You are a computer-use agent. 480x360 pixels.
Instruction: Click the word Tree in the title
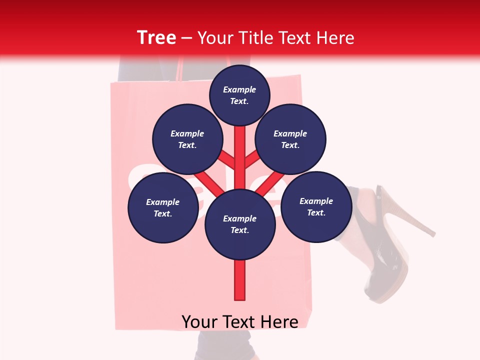click(x=156, y=38)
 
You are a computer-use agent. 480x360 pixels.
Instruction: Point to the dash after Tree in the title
click(x=186, y=38)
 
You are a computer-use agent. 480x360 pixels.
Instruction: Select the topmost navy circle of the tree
click(x=239, y=95)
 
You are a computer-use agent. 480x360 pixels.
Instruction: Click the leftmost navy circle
click(x=163, y=207)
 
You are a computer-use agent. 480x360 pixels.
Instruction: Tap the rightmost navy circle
click(x=316, y=206)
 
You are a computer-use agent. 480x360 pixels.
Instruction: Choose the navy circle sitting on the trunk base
click(x=240, y=224)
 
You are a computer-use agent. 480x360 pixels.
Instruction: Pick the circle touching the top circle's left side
click(x=187, y=139)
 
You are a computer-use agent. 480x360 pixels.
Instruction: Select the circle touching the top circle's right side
click(x=290, y=139)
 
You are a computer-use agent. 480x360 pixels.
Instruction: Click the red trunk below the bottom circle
click(x=240, y=280)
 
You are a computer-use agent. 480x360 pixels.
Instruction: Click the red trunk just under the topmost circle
click(x=240, y=137)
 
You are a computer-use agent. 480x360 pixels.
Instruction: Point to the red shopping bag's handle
click(x=179, y=70)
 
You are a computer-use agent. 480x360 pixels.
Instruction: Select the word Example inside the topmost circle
click(x=239, y=89)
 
